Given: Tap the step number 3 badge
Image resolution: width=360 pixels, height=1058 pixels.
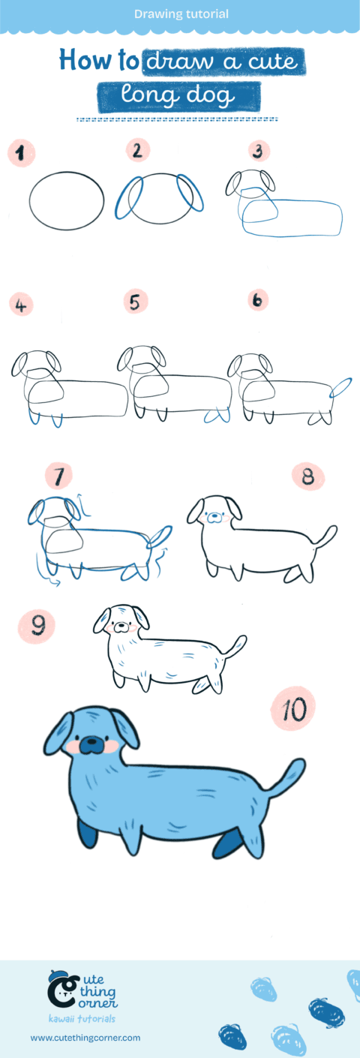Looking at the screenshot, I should click(258, 152).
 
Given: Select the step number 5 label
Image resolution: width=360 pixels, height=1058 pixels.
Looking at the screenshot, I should click(135, 302).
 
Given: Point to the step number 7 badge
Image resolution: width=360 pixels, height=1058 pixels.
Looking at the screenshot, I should click(58, 476).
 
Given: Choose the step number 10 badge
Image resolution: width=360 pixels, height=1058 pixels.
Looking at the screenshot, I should click(295, 708).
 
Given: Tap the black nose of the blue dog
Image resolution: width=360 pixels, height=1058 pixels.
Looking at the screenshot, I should click(91, 744).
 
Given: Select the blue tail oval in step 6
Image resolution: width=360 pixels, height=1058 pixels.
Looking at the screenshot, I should click(340, 387).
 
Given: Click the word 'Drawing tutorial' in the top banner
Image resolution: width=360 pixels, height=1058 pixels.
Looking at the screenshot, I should click(181, 14).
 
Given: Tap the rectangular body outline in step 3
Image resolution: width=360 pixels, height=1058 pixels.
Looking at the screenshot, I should click(291, 218).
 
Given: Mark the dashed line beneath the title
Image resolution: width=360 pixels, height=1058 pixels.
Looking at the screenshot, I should click(178, 119).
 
